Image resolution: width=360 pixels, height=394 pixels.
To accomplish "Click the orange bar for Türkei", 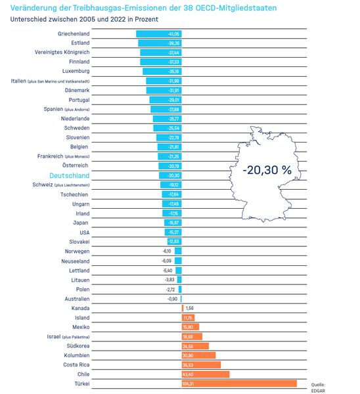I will [x=238, y=383].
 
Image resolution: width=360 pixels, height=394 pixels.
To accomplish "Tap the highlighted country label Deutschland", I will [x=70, y=176].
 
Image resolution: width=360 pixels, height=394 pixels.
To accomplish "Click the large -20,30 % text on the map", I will [x=267, y=169].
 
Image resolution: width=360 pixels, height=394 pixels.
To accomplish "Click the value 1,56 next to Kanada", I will [x=190, y=308].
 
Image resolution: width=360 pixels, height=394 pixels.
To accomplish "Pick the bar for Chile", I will [x=205, y=374].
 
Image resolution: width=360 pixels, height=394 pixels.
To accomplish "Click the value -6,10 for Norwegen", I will [x=166, y=251].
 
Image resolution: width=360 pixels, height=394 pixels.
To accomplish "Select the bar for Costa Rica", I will [x=201, y=364].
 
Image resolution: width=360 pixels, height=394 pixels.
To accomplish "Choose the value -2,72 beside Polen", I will [x=170, y=289].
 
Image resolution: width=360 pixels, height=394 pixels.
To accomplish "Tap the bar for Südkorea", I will [x=195, y=346].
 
